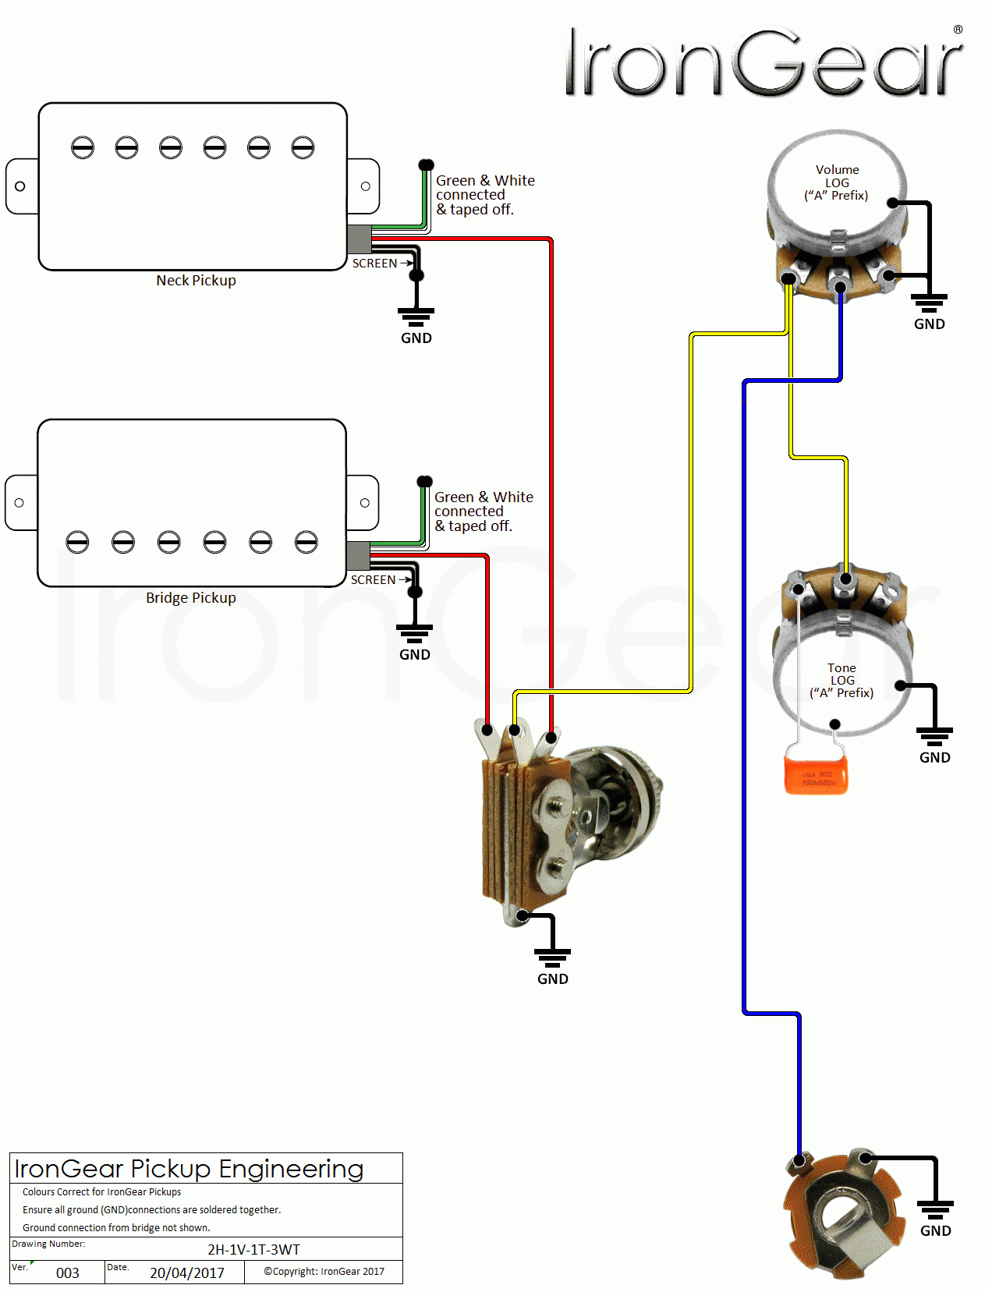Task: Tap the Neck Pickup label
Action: tap(196, 281)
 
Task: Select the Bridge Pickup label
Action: tap(190, 598)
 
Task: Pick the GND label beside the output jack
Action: tap(935, 1230)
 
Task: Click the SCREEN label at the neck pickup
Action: tap(374, 264)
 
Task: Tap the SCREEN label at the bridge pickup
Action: tap(373, 580)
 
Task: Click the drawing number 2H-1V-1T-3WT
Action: tap(253, 1249)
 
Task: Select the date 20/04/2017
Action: tap(187, 1273)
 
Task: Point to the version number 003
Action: tap(68, 1273)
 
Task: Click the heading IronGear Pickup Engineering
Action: tap(189, 1169)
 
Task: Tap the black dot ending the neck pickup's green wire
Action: tap(426, 165)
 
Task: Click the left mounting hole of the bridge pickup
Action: tap(19, 503)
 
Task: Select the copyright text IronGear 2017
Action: tap(324, 1271)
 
